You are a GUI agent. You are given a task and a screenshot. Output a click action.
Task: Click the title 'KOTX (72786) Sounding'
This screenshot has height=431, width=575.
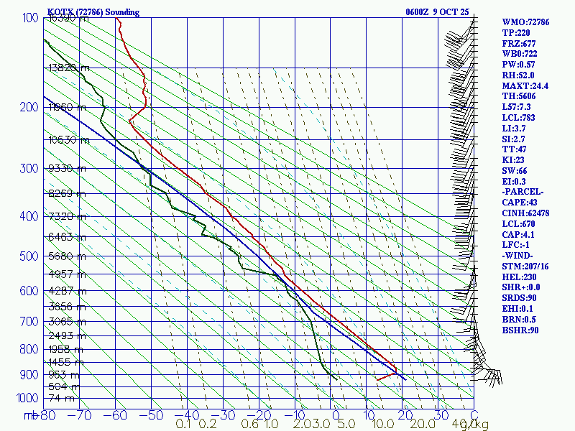tap(93, 12)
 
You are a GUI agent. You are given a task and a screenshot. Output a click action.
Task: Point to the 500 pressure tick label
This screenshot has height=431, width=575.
tap(29, 256)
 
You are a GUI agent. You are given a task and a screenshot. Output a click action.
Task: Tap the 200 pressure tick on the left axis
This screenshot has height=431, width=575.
tap(29, 108)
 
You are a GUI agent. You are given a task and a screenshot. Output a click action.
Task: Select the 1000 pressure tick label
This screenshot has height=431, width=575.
tap(26, 398)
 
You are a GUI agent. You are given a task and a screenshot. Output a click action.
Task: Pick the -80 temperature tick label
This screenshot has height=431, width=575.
tap(48, 414)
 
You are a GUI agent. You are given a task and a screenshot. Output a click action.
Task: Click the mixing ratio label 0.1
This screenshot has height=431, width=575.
tap(184, 425)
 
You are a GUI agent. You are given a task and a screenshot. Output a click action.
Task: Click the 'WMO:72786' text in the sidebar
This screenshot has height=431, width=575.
tap(525, 22)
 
